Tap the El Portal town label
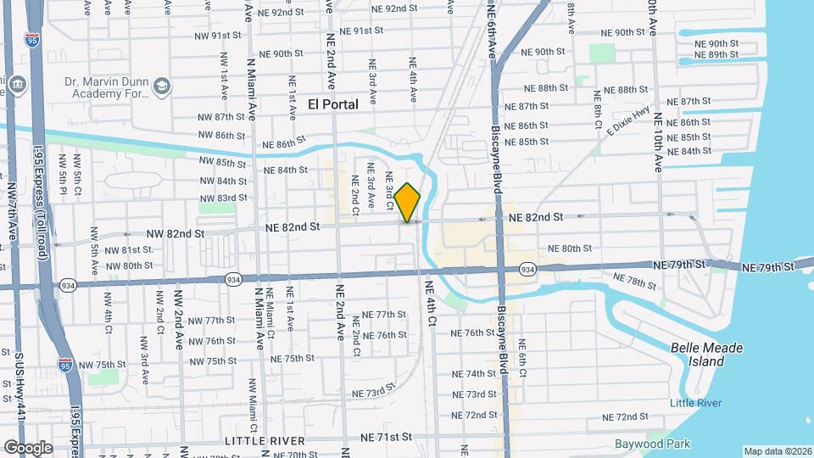point(333,104)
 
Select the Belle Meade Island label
point(706,355)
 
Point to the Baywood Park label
point(652,444)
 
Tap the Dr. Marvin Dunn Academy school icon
point(162,85)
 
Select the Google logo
point(27,447)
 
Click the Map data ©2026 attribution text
point(778,451)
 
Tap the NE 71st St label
point(386,437)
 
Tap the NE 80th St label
point(570,249)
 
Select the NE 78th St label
point(640,281)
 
